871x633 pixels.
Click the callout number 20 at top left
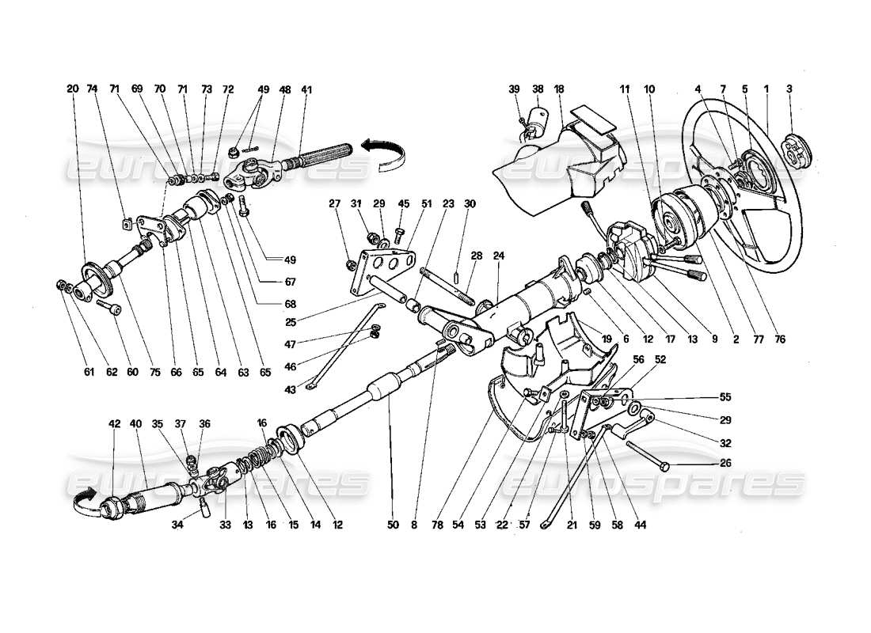tap(73, 89)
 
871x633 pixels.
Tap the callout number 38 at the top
tap(538, 89)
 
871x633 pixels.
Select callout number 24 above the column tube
tap(499, 256)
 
